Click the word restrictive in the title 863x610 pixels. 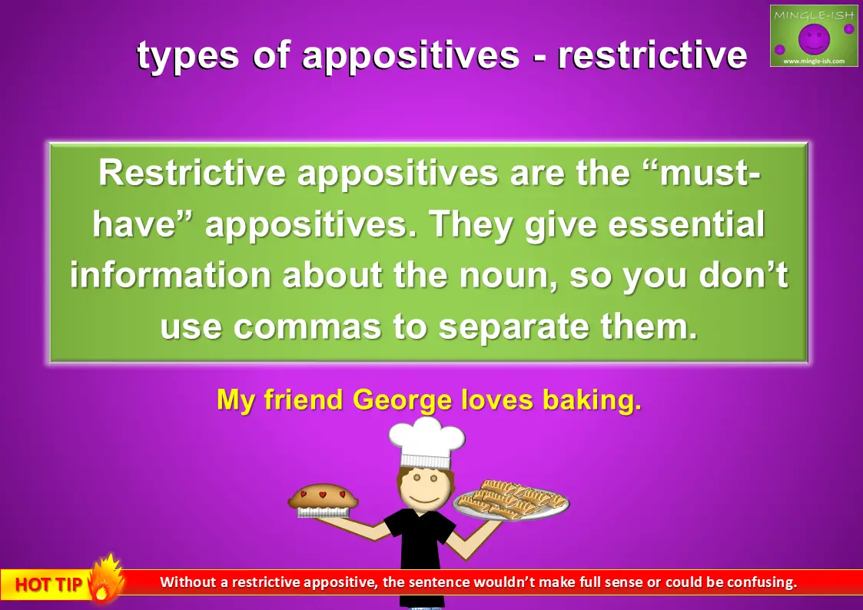(652, 55)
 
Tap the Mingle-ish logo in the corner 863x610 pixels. (814, 36)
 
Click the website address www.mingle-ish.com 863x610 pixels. (814, 61)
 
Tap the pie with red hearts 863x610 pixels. (323, 500)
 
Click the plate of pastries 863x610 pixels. (511, 500)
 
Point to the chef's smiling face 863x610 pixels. (425, 488)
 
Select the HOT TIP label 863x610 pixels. (48, 584)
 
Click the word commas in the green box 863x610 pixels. (307, 327)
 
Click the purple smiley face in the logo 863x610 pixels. (814, 38)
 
